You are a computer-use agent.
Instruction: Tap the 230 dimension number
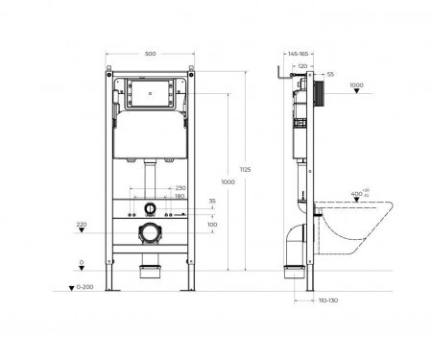[x=180, y=188]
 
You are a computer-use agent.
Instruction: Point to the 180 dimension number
[x=180, y=197]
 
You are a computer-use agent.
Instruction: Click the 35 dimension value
[x=211, y=202]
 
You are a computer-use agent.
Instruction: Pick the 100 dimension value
[x=211, y=225]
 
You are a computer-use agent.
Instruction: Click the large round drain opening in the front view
[x=148, y=231]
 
